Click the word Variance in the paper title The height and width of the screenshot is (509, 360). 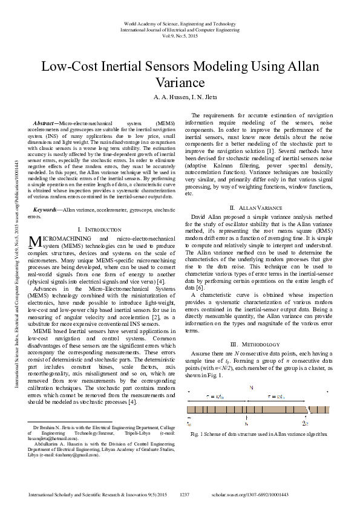[x=180, y=82]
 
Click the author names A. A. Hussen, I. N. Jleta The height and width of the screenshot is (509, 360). [x=180, y=97]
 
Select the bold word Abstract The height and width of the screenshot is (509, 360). [x=45, y=123]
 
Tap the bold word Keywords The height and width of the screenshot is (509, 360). [x=45, y=209]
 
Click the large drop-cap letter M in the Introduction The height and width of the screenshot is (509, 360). [x=35, y=242]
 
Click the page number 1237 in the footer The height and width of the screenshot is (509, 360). [x=186, y=494]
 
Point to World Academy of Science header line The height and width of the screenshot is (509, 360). [x=180, y=22]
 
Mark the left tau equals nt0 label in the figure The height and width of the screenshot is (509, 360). [x=216, y=397]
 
